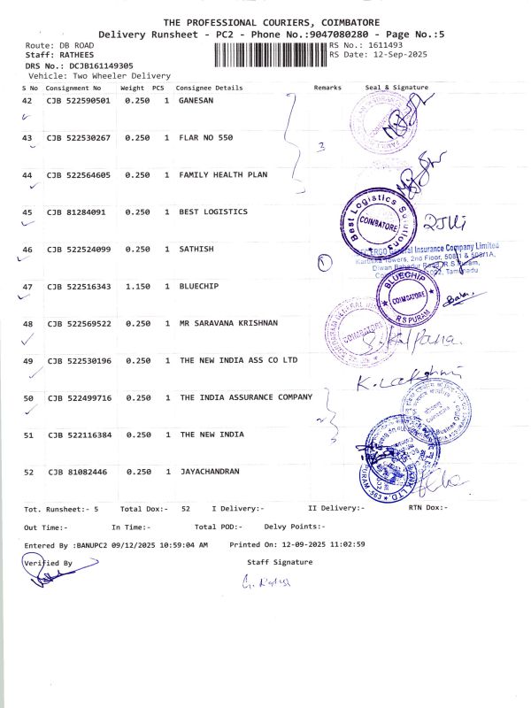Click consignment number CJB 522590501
pyautogui.click(x=79, y=101)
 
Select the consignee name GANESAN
pyautogui.click(x=196, y=101)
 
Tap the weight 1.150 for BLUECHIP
pyautogui.click(x=135, y=287)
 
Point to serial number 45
pyautogui.click(x=27, y=212)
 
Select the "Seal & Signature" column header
pyautogui.click(x=396, y=88)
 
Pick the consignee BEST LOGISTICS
pyautogui.click(x=213, y=212)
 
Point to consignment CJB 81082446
pyautogui.click(x=77, y=473)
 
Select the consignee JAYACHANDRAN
pyautogui.click(x=210, y=473)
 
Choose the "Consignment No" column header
pyautogui.click(x=74, y=88)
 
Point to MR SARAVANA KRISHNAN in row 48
pyautogui.click(x=228, y=324)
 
